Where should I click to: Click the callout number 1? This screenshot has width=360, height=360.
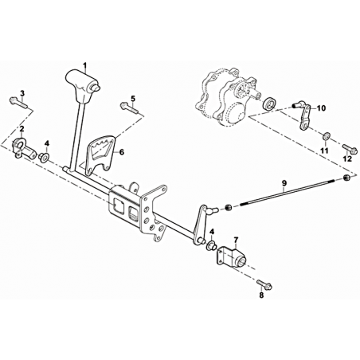pos(85,65)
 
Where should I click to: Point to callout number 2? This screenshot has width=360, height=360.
pos(22,129)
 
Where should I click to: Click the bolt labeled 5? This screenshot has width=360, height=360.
pos(129,108)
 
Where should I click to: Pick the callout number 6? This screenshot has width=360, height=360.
pos(122,152)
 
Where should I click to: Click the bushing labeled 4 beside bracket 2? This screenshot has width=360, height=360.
pos(43,157)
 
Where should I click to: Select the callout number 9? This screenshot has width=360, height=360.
pos(284,182)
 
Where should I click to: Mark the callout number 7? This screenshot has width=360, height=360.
pos(236,241)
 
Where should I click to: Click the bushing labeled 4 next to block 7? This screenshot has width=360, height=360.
pos(211,246)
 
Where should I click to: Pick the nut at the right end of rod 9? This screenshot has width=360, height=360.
pos(346,178)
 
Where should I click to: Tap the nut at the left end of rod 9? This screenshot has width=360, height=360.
pos(228,207)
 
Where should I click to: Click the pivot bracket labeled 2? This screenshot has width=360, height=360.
pos(23,149)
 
